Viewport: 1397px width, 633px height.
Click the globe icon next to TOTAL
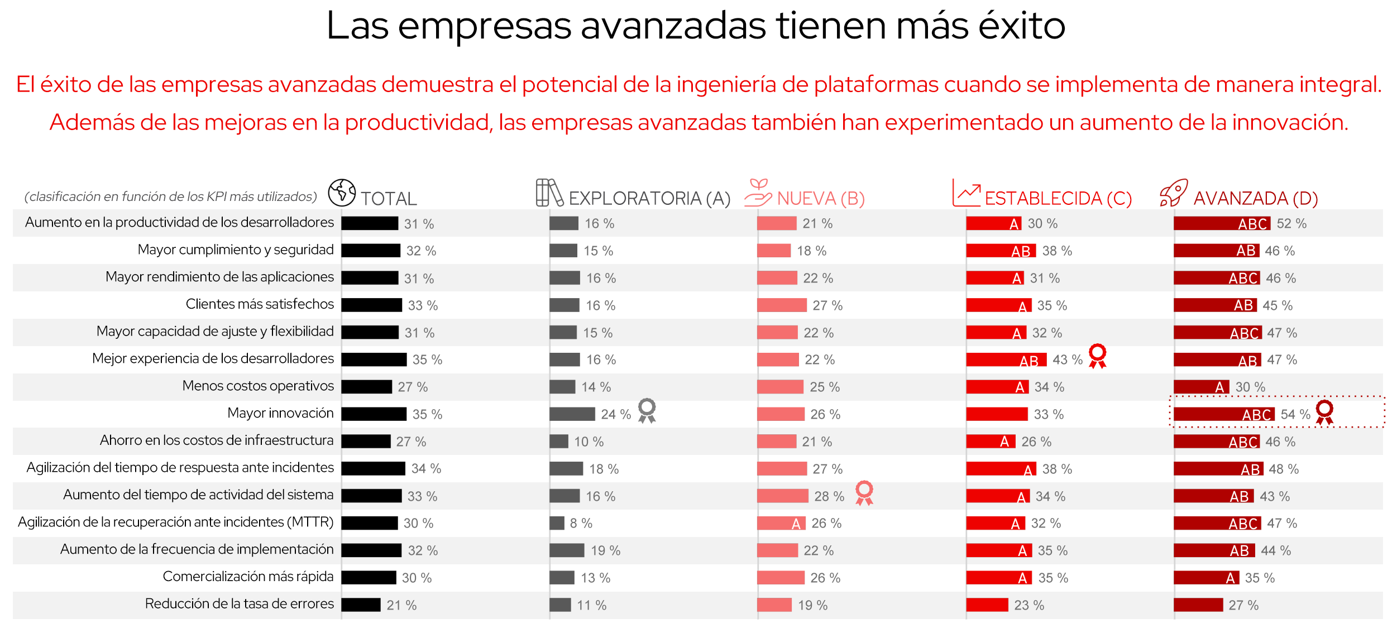(342, 193)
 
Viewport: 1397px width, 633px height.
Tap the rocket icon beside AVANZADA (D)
(1173, 193)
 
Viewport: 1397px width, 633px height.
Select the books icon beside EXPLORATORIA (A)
(549, 193)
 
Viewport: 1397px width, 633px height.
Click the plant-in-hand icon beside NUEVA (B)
(758, 193)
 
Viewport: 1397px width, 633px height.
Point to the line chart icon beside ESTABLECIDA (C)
(967, 193)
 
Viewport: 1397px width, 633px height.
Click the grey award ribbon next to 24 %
(647, 410)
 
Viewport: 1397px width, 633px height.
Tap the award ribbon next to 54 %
(1324, 412)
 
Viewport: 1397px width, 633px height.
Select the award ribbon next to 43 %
(1097, 356)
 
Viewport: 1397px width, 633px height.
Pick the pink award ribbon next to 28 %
(864, 492)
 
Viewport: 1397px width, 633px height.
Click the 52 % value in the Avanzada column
(1291, 224)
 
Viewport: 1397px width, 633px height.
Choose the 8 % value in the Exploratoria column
(581, 524)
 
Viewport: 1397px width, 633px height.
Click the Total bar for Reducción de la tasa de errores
(361, 605)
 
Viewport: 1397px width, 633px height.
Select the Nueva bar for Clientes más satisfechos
(782, 305)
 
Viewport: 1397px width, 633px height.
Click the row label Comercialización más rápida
(248, 577)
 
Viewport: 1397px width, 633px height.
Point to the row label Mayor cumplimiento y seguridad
(236, 250)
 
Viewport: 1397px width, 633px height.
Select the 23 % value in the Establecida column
(1029, 606)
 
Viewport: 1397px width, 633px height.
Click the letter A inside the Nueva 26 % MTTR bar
(796, 524)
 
